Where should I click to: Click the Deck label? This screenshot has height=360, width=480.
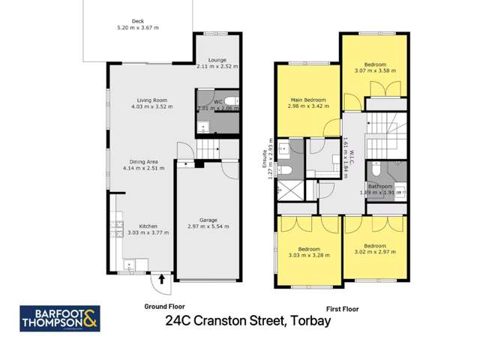point(136,21)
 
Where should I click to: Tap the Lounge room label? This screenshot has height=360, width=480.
point(217,59)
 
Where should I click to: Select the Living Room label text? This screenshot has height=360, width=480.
point(151,100)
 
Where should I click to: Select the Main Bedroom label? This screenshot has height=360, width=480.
point(307,100)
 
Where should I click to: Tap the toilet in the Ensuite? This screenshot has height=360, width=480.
point(282,170)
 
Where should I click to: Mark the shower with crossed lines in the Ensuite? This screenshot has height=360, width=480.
point(286,191)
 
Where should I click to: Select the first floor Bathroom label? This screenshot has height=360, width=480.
point(379,186)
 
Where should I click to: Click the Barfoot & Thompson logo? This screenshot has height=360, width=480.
point(59,318)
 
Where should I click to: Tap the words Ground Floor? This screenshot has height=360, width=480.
point(164,307)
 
